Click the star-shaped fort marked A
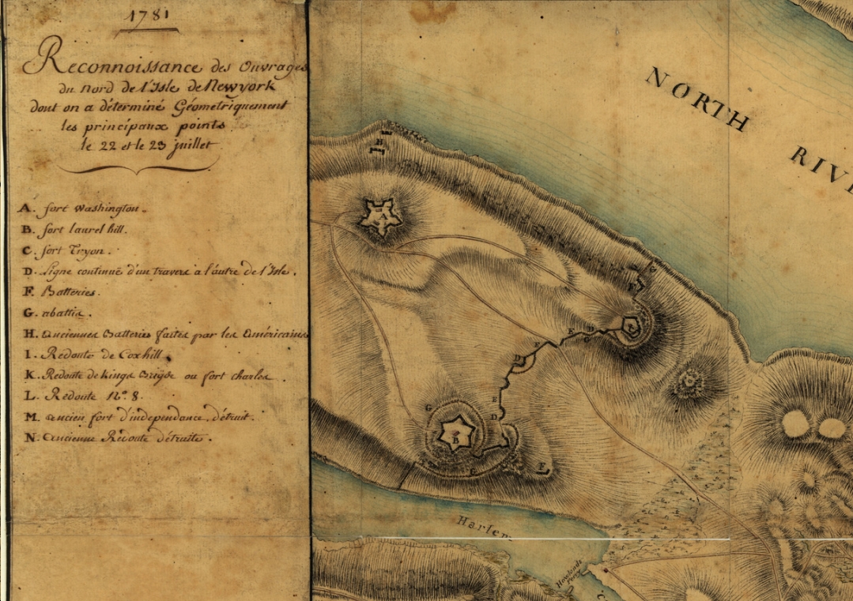[378, 216]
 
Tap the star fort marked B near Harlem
[455, 433]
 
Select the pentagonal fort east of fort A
[631, 325]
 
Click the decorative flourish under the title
[138, 167]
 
